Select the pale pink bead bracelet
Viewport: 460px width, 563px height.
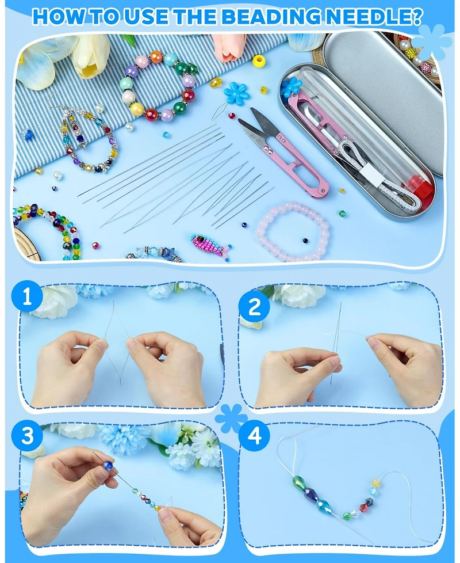293,231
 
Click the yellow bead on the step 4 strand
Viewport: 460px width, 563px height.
376,483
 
